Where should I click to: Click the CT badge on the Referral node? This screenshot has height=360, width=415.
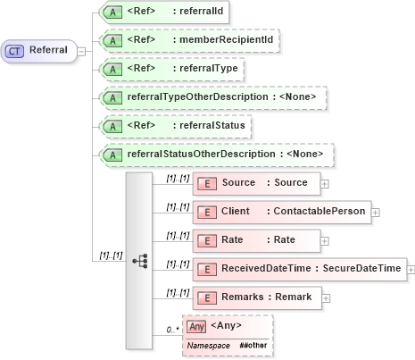point(16,50)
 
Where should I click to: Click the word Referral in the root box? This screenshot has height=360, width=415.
point(48,50)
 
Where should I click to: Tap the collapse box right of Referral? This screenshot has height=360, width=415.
point(82,50)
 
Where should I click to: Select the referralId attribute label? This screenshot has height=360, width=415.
point(195,13)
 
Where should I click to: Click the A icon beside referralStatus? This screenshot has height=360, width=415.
point(113,126)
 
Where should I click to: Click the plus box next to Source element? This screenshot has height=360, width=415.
point(324,183)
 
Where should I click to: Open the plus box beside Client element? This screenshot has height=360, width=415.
point(376,212)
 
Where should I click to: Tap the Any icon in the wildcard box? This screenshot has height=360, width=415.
point(195,327)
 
